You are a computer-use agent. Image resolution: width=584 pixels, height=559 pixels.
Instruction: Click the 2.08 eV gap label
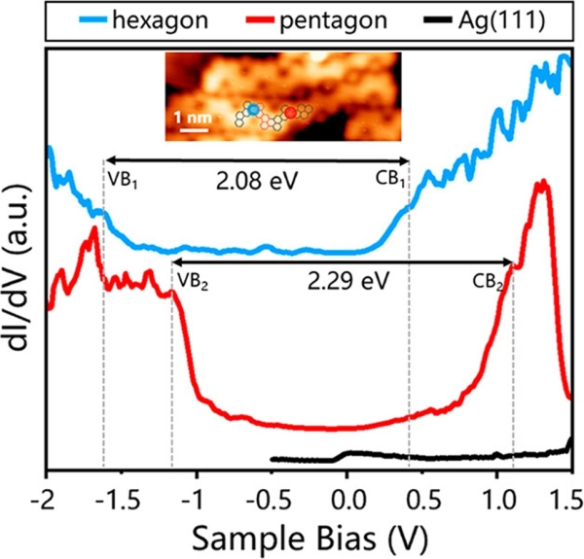(256, 180)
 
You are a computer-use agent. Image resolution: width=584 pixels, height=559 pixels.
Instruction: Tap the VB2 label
(192, 282)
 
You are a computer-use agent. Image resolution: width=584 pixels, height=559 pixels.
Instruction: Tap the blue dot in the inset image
(252, 111)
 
